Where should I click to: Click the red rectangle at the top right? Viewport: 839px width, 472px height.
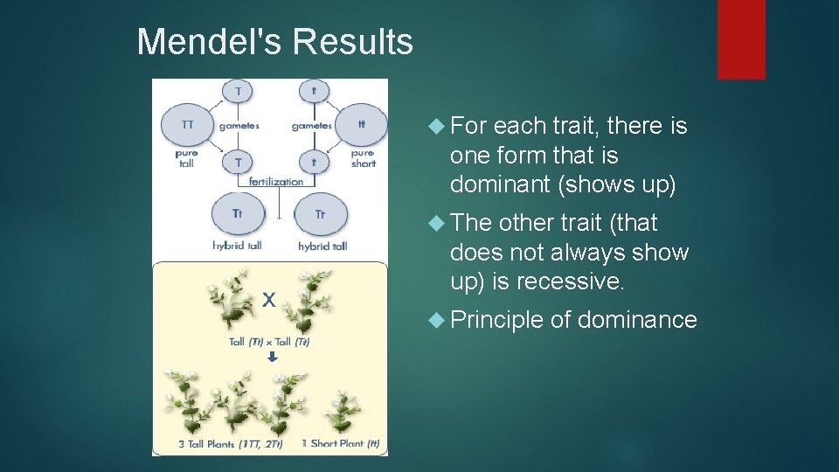pos(741,39)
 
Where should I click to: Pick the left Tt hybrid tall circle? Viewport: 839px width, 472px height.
pos(237,214)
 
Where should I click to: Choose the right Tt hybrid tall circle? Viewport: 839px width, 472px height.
pos(320,214)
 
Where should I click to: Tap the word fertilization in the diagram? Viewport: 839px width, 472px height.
pos(276,182)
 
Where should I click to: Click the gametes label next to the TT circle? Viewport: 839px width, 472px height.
pos(239,126)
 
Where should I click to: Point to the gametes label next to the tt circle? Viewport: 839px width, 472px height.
pos(311,126)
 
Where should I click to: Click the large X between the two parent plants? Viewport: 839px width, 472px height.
pos(269,300)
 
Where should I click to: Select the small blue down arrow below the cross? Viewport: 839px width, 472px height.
pos(272,357)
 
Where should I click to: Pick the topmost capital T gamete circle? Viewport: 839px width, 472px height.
pos(237,89)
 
